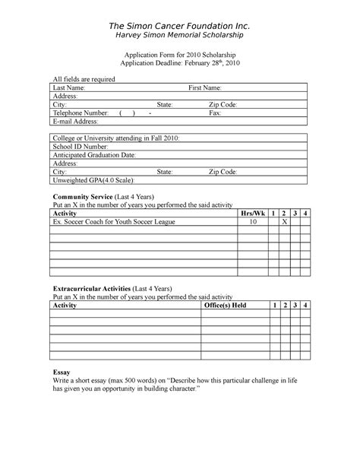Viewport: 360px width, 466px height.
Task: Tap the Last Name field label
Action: (x=68, y=88)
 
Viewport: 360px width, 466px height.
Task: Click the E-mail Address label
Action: (x=75, y=121)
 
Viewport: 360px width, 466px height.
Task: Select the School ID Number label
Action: (x=80, y=146)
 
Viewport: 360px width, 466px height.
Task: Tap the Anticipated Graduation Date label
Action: (x=93, y=154)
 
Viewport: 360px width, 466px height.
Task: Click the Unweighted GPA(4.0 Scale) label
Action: (x=93, y=180)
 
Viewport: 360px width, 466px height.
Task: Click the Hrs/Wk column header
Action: (x=252, y=214)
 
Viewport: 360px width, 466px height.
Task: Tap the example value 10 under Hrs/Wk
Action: (x=252, y=222)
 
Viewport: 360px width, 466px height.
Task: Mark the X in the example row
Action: (x=284, y=222)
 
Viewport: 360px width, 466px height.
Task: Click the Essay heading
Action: (x=60, y=371)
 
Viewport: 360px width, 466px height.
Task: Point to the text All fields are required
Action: (x=83, y=79)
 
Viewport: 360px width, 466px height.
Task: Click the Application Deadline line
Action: (x=180, y=64)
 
